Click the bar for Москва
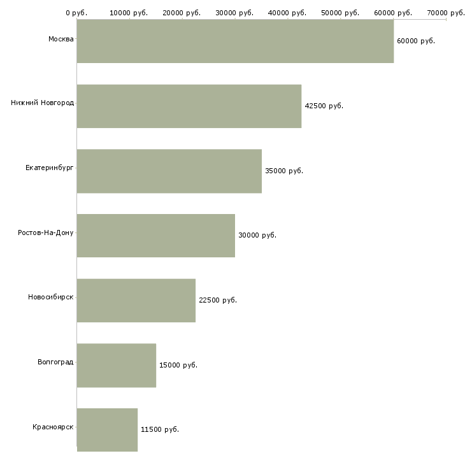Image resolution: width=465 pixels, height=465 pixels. [x=235, y=41]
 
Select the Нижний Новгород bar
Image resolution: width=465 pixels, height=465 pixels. [x=189, y=106]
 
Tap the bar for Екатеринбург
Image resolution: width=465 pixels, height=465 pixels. [x=169, y=171]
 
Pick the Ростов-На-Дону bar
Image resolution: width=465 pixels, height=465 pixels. [x=156, y=235]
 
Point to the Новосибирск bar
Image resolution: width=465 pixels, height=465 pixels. [x=136, y=300]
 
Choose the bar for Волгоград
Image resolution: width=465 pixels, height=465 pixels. [x=117, y=365]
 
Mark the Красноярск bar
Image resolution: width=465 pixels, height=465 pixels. [x=107, y=429]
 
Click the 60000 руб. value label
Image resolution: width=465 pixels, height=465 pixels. [x=415, y=41]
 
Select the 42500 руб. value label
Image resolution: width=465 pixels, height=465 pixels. [x=324, y=106]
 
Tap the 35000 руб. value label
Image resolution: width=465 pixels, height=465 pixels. [x=284, y=171]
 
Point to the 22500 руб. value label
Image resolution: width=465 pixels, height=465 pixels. [x=218, y=300]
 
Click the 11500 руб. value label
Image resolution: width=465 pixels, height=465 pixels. [x=160, y=429]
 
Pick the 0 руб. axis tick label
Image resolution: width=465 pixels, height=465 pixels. [x=76, y=13]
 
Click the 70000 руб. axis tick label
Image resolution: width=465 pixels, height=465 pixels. [x=445, y=13]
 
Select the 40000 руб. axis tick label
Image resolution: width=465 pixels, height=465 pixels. [x=287, y=13]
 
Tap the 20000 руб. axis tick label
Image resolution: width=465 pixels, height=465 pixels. [x=182, y=13]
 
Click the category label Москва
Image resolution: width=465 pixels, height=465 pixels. [x=61, y=39]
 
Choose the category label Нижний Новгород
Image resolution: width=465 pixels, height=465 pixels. [x=42, y=103]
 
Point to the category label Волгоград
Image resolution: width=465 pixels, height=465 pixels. [x=55, y=362]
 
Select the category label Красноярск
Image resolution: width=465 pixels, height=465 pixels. [x=53, y=427]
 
